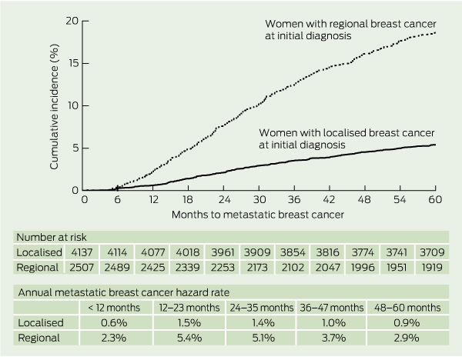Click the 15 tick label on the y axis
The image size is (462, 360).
[74, 63]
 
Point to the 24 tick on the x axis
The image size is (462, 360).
[223, 188]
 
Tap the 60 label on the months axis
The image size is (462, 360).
[435, 199]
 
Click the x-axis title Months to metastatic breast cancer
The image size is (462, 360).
[258, 215]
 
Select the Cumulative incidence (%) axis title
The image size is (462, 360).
[54, 107]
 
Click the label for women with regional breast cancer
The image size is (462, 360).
[350, 29]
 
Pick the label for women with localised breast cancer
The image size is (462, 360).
[346, 138]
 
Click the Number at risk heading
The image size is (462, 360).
[52, 237]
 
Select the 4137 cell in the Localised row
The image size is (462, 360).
[81, 252]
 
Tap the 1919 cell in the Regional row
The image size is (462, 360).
[432, 267]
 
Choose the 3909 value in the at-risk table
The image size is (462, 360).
[257, 252]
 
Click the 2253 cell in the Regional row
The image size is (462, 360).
[223, 267]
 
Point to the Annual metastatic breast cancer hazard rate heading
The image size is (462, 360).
[124, 292]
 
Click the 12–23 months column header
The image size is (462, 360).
[189, 308]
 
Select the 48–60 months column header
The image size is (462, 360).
[407, 308]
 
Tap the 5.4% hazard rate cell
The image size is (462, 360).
[189, 338]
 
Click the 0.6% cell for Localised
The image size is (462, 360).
[114, 322]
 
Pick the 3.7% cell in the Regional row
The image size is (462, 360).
[333, 338]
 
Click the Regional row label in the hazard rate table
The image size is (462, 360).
[39, 338]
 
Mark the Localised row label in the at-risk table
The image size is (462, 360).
[39, 252]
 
